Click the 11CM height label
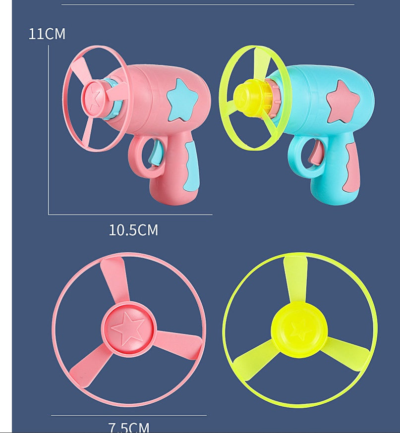[47, 34]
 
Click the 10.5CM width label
[133, 230]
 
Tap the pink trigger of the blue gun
[314, 152]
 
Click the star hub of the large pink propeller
[128, 328]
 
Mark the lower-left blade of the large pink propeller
[91, 364]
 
